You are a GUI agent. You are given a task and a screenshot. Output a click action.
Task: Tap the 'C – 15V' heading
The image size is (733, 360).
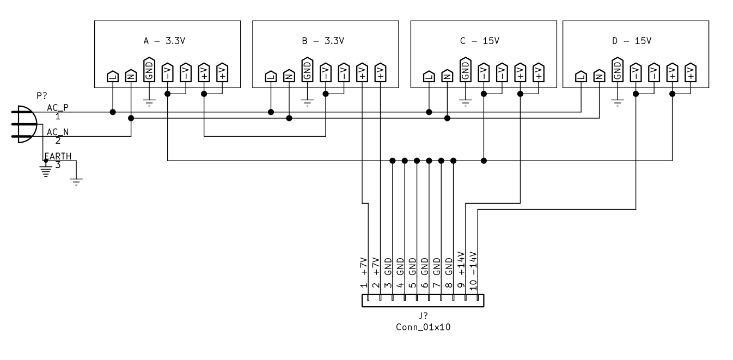pos(480,41)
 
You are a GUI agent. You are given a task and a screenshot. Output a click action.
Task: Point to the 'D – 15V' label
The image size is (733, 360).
pos(632,41)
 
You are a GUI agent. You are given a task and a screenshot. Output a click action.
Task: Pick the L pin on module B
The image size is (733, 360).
pos(271,76)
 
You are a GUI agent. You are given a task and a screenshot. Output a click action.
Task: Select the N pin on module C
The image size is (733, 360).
pos(447,76)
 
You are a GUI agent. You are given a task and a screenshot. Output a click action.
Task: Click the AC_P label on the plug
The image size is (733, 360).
pos(58,107)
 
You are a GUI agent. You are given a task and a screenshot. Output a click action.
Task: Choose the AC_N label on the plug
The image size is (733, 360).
pos(58,131)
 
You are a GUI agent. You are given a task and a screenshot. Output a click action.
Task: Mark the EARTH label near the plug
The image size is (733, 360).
pos(58,156)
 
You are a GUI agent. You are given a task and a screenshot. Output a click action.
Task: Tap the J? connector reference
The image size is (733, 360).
pos(423,317)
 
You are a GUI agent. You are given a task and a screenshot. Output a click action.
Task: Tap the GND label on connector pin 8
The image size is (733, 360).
pos(449,266)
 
